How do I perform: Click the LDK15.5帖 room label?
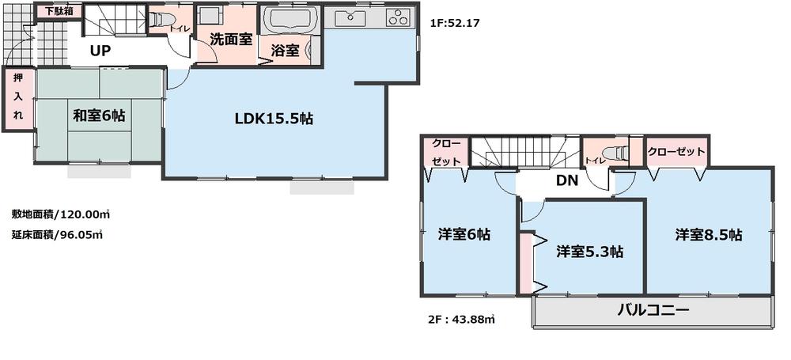pyautogui.click(x=274, y=119)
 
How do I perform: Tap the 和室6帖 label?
pyautogui.click(x=99, y=116)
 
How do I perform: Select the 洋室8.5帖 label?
pyautogui.click(x=708, y=235)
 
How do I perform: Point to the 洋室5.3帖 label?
pyautogui.click(x=589, y=252)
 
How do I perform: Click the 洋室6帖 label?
pyautogui.click(x=464, y=235)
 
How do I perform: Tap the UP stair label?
pyautogui.click(x=100, y=51)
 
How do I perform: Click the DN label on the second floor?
pyautogui.click(x=566, y=180)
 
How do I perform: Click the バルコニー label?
pyautogui.click(x=653, y=310)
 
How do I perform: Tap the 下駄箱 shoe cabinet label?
pyautogui.click(x=58, y=12)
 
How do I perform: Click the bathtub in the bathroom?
pyautogui.click(x=290, y=20)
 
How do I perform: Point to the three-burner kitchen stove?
pyautogui.click(x=398, y=17)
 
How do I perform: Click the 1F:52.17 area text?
pyautogui.click(x=456, y=24)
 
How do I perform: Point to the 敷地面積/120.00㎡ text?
pyautogui.click(x=60, y=214)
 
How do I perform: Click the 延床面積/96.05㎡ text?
pyautogui.click(x=58, y=234)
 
